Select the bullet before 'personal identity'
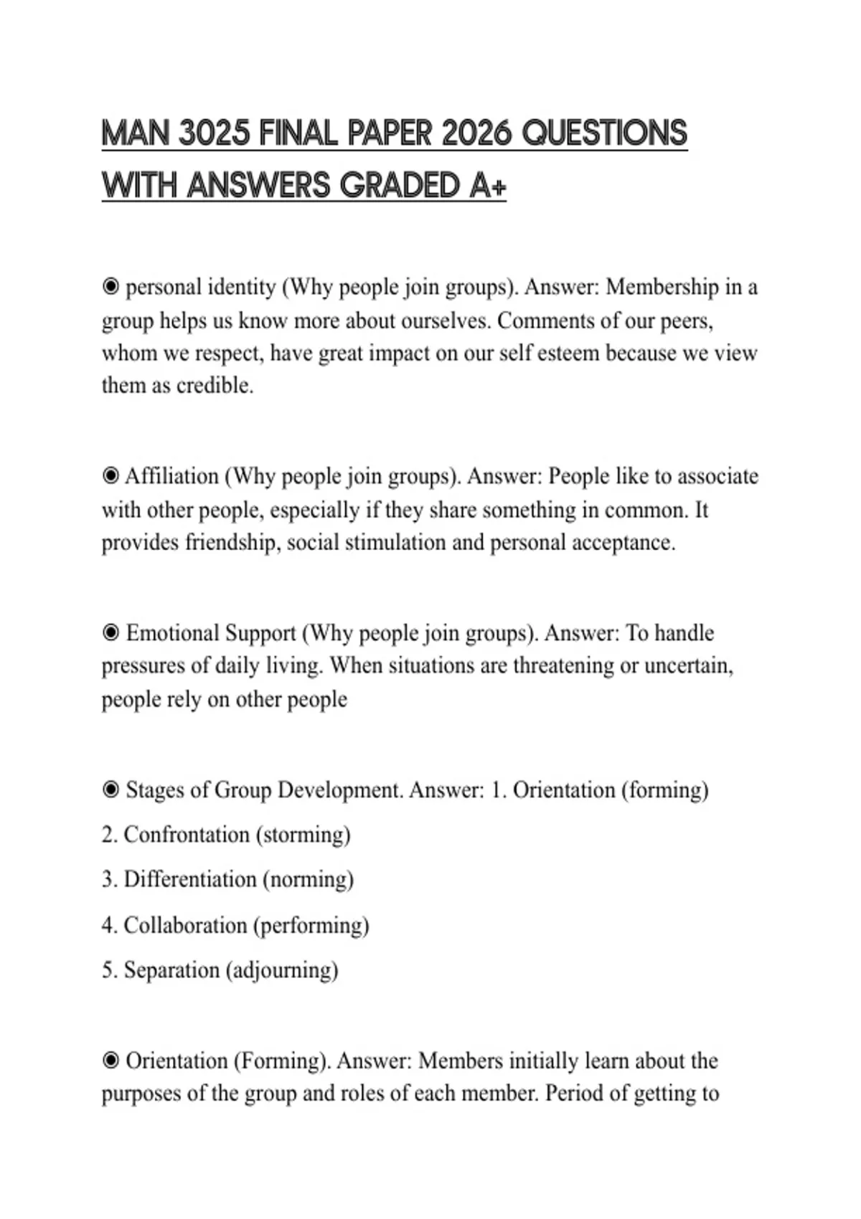click(110, 288)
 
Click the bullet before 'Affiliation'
click(110, 476)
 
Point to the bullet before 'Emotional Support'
click(110, 633)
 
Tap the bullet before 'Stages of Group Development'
click(110, 790)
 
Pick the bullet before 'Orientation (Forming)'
click(110, 1061)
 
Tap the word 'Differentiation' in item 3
click(189, 880)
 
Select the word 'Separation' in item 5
click(171, 970)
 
